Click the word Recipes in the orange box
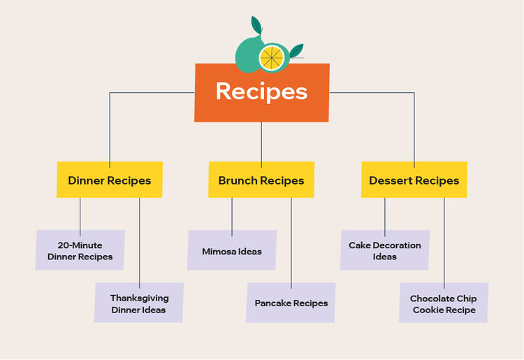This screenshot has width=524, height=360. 262,92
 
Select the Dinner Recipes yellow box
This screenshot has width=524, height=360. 110,180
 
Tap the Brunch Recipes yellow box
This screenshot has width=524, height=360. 261,180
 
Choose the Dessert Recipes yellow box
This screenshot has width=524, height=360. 414,180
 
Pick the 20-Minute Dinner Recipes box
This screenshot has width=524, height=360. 80,250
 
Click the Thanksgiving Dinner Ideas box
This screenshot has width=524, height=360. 139,303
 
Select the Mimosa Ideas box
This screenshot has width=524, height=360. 232,250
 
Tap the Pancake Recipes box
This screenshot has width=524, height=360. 291,303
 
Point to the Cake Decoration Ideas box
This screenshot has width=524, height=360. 385,250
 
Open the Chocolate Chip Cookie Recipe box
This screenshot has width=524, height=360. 444,303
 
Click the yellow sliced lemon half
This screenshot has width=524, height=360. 272,58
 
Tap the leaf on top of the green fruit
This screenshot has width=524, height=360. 256,25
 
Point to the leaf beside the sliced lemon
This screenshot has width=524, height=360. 296,50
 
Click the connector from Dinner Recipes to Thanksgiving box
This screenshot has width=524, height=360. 139,243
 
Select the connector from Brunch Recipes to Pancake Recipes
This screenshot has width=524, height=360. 291,243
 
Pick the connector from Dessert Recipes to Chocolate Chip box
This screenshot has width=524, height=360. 444,243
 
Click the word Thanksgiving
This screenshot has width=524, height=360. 140,298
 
